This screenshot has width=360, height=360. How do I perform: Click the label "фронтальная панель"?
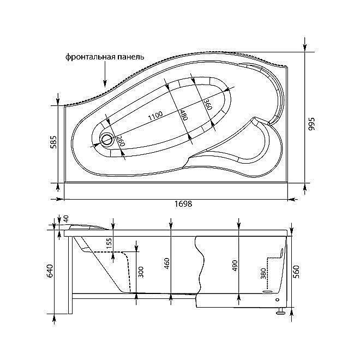click(105, 57)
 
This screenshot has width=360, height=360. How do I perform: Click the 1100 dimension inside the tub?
click(155, 116)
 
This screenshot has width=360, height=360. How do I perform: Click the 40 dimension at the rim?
click(67, 218)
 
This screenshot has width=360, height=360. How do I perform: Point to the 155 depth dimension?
click(110, 245)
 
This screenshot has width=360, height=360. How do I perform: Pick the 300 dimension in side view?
click(141, 272)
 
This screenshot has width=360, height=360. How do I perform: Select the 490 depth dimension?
click(235, 266)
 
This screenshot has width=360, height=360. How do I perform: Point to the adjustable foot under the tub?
click(280, 311)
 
